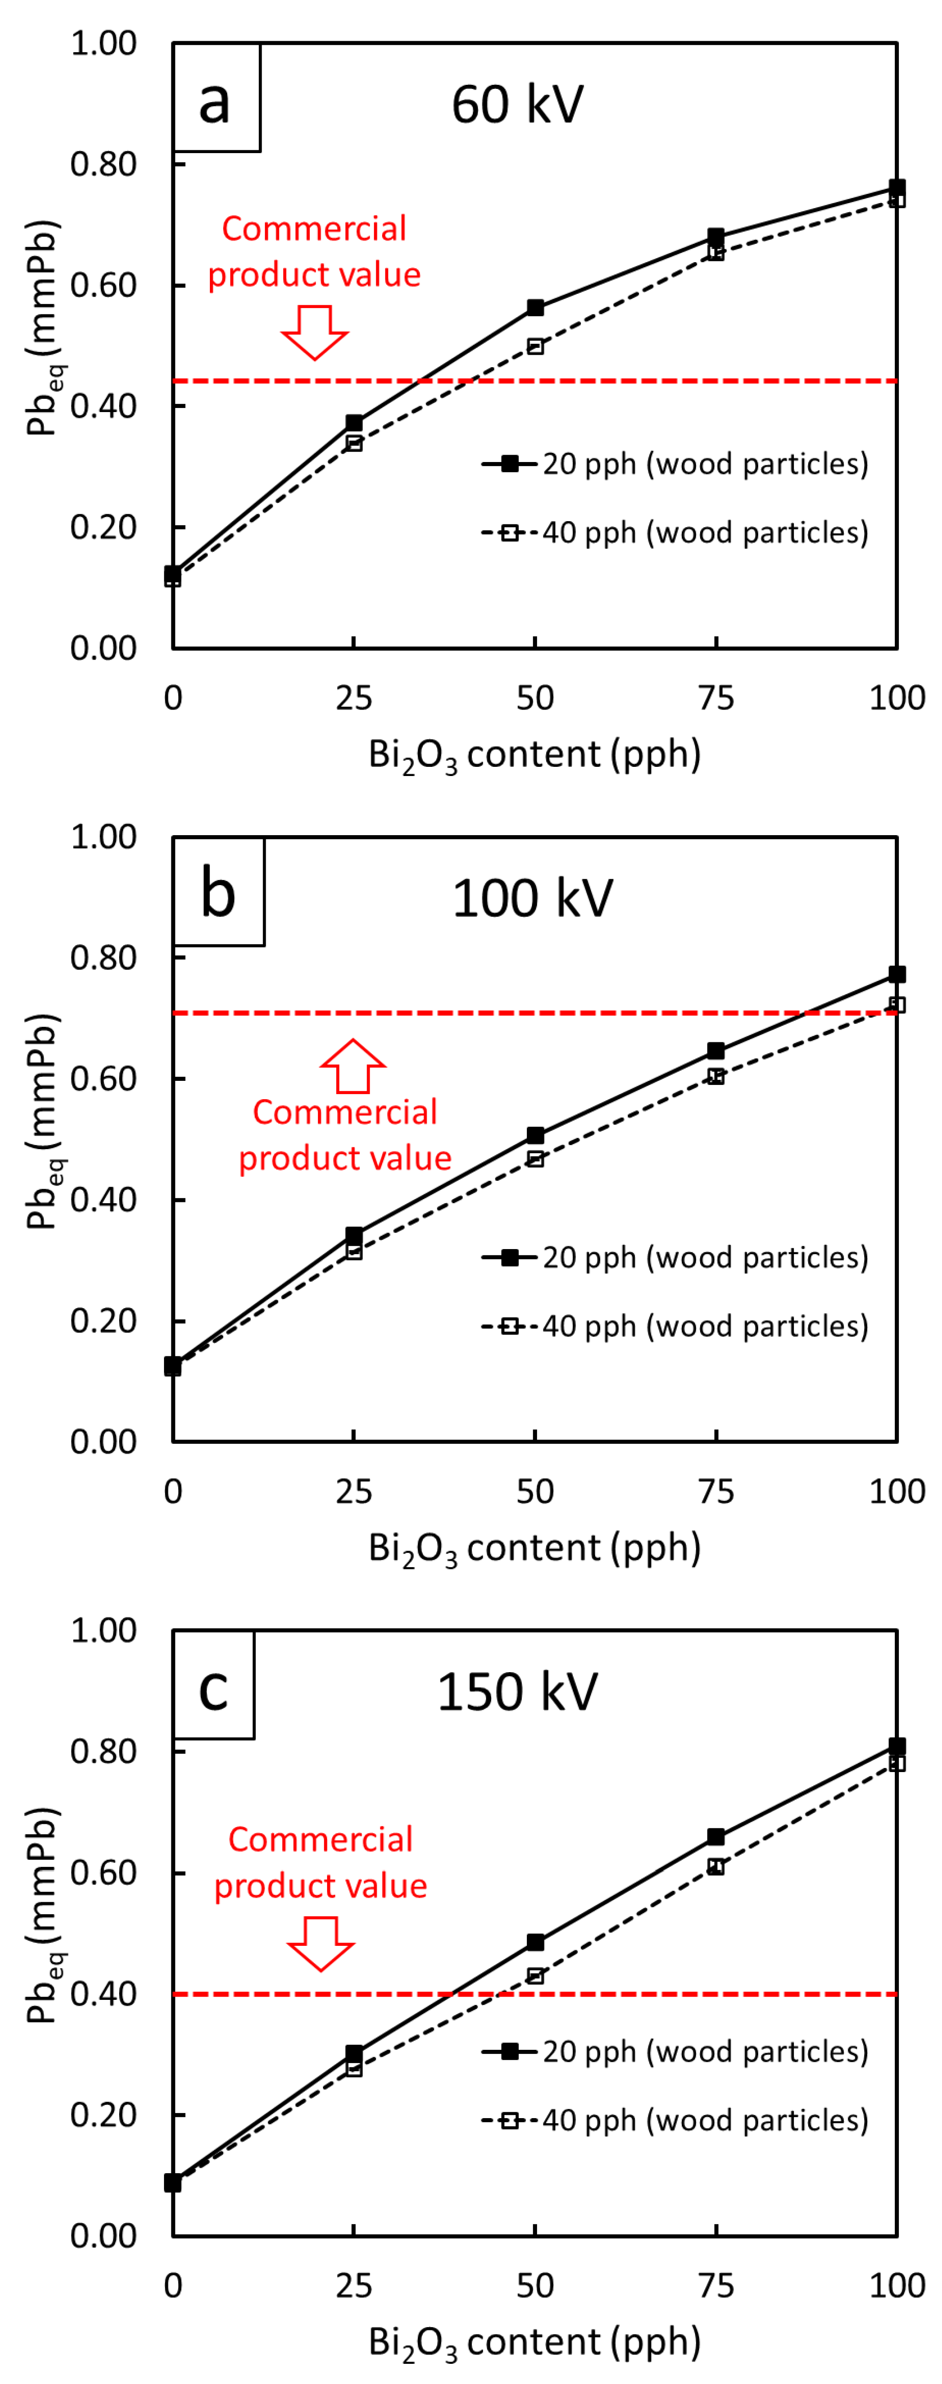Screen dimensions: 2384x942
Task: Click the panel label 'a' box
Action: tap(216, 98)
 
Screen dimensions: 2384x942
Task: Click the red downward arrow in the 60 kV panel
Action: tap(315, 331)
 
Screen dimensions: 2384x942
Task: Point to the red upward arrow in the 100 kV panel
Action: tap(352, 1066)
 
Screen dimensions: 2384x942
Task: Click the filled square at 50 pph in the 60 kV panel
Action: tap(535, 307)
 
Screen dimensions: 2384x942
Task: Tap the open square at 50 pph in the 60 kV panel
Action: tap(535, 346)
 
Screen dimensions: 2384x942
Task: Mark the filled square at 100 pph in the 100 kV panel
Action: tap(897, 975)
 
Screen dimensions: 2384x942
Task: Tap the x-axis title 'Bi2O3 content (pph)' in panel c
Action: tap(534, 2341)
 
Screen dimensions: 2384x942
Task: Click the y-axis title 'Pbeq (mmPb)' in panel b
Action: tap(44, 1122)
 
